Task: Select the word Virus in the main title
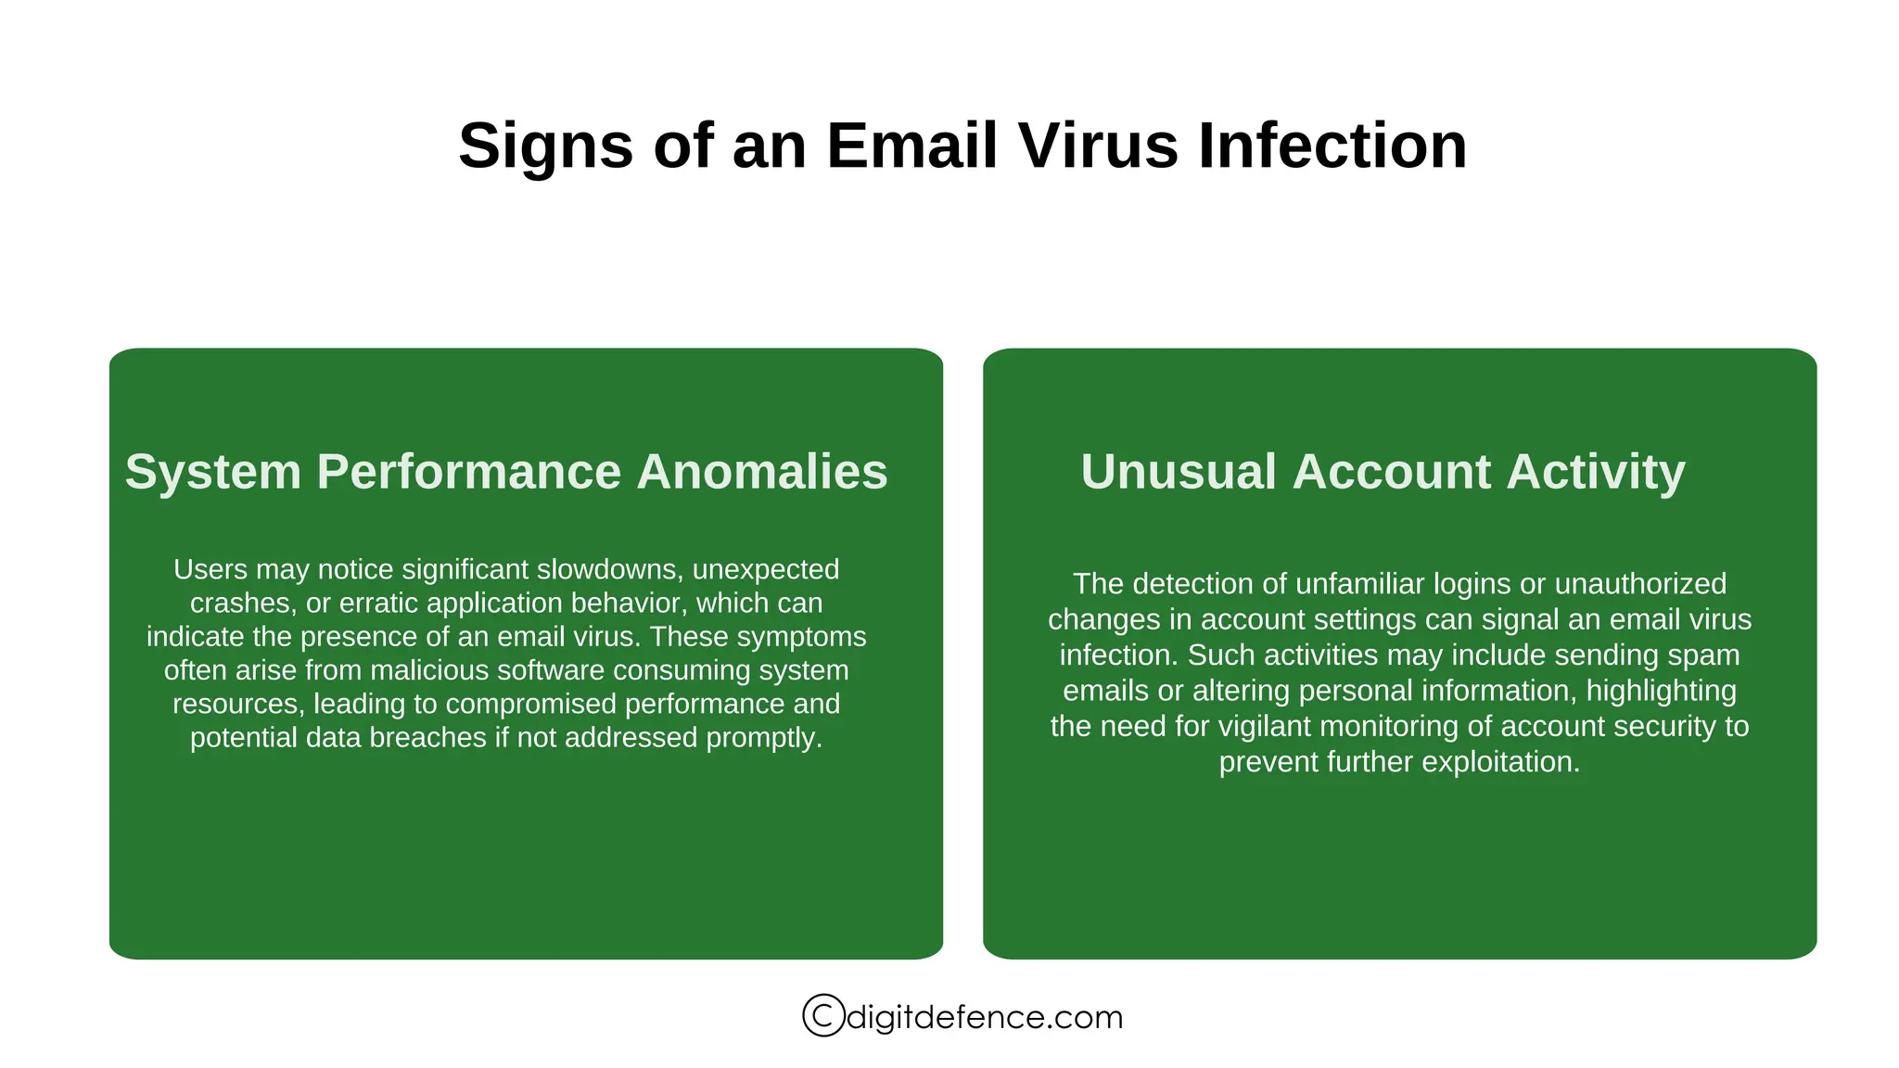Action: point(1098,146)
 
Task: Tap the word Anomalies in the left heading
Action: point(761,472)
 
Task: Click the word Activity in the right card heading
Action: point(1595,472)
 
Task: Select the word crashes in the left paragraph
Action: point(240,604)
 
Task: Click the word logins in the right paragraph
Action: point(1489,584)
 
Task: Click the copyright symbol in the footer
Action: point(823,1015)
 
